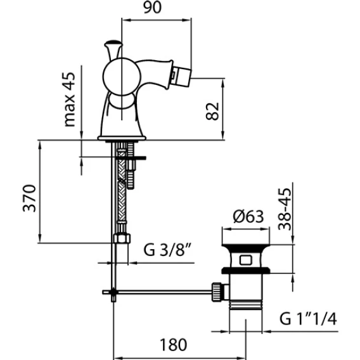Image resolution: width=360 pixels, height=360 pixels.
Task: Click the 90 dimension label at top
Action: pos(152,7)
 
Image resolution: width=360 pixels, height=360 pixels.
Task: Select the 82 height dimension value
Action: pos(212,112)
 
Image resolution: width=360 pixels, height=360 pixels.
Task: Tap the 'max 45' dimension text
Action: pos(70,100)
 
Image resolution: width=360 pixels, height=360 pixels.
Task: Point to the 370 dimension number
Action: pos(29,198)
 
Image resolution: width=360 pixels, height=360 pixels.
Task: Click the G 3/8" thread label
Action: pos(167,250)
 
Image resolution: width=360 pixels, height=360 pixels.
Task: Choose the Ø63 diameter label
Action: pos(248,216)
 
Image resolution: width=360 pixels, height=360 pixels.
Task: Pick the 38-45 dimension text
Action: pos(284,209)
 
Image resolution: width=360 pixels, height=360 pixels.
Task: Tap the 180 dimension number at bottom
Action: pos(173,345)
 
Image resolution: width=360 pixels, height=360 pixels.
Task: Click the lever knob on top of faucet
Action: pos(113,43)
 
